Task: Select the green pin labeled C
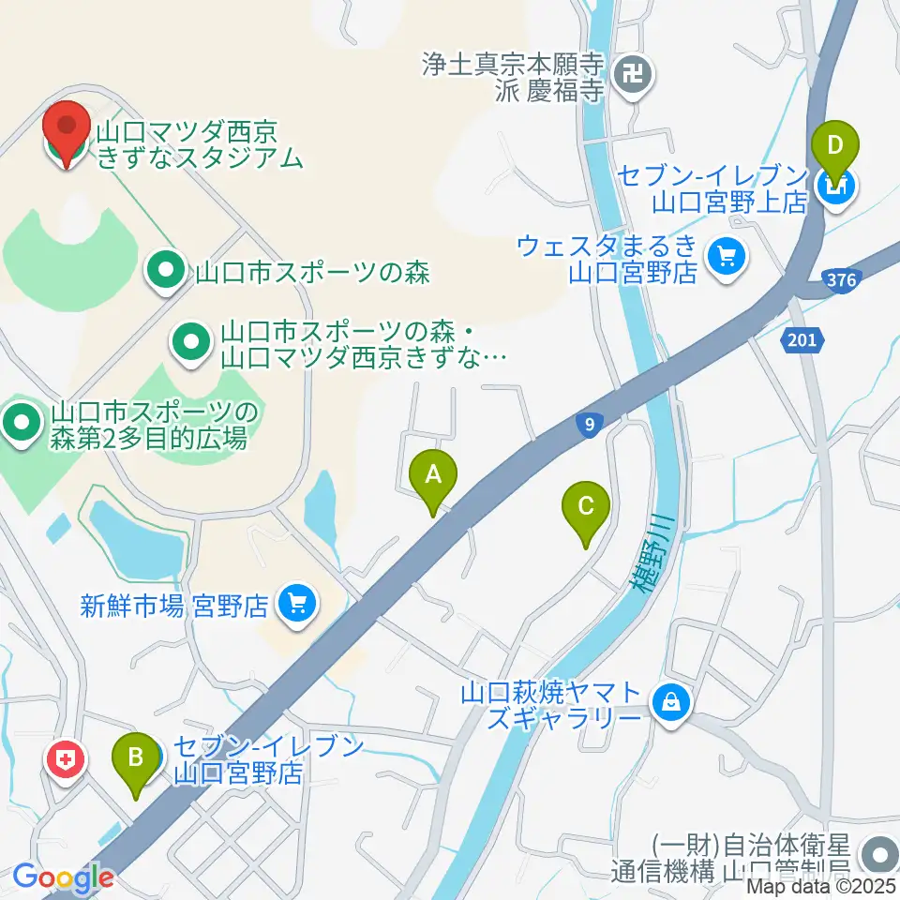coord(586,512)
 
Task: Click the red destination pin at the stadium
coord(67,130)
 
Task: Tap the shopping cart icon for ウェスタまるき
coord(725,256)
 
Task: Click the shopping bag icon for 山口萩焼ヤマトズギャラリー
coord(671,700)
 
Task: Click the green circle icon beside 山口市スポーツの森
coord(166,273)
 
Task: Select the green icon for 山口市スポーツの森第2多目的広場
coord(21,424)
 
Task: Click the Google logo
coord(63,877)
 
